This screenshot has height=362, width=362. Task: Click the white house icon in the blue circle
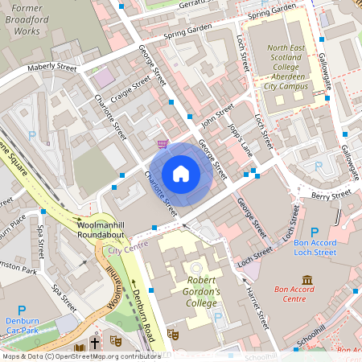point(181,173)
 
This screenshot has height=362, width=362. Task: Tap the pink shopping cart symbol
point(163,143)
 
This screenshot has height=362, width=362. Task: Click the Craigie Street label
point(133,91)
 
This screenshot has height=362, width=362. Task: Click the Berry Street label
point(331,194)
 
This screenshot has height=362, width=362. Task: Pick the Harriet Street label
point(257,308)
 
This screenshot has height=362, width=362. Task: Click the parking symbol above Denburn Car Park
point(22,311)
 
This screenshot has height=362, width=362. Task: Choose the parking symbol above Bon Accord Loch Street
point(314,231)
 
